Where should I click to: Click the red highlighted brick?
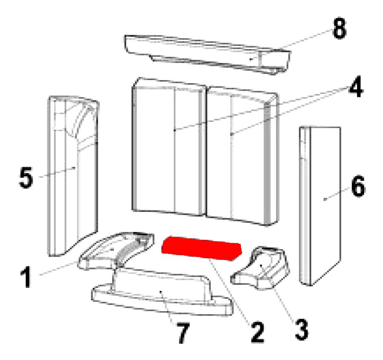tap(201, 248)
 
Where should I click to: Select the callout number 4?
tap(356, 87)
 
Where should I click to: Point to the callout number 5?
tap(26, 177)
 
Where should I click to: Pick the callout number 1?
tap(26, 277)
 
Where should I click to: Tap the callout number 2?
tap(257, 332)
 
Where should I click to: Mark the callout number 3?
tap(301, 330)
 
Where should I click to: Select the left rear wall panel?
tap(168, 147)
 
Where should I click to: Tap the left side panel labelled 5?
tap(73, 176)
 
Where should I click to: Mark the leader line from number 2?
tap(230, 292)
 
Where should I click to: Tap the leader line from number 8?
tap(291, 44)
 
